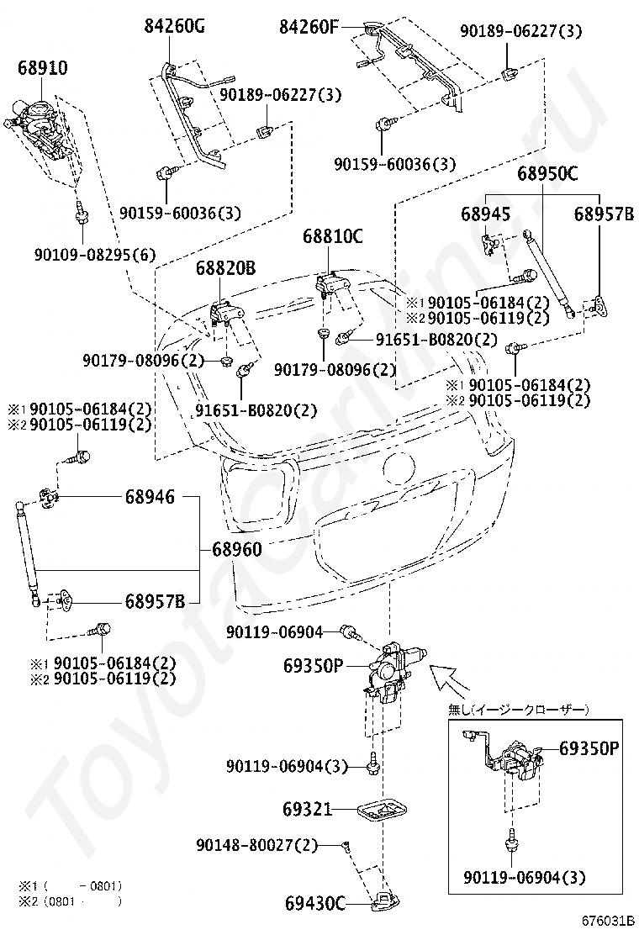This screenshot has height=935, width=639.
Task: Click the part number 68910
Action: [43, 67]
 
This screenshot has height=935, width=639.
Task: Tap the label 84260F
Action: [309, 28]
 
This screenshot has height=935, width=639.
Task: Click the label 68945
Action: [485, 214]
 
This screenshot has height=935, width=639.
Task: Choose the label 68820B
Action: [225, 269]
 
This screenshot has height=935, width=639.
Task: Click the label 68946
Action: [151, 497]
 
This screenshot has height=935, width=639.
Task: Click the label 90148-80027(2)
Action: [257, 844]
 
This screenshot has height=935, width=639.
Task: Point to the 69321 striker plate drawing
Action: [383, 811]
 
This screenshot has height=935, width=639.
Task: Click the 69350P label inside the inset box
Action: [589, 747]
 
